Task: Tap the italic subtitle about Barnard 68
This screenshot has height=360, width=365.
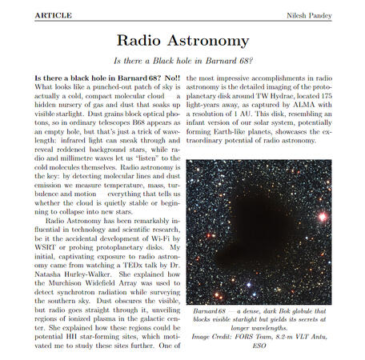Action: (x=182, y=61)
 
